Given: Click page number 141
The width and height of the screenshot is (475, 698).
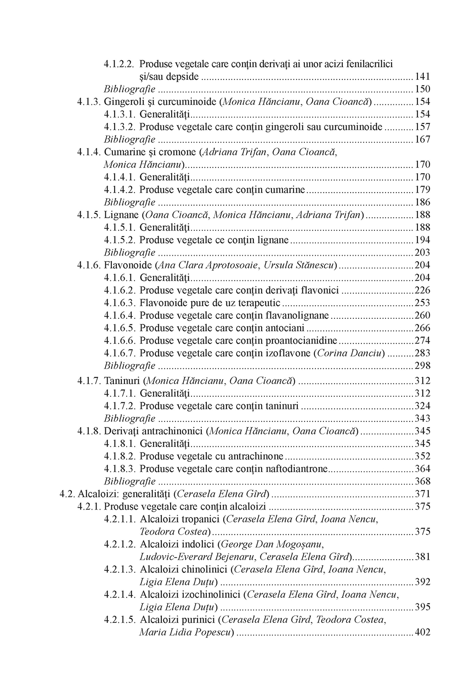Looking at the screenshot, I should pyautogui.click(x=422, y=77).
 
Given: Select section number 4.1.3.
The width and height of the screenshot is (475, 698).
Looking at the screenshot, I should pyautogui.click(x=89, y=102).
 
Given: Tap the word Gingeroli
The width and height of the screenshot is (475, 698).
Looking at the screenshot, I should pyautogui.click(x=122, y=102).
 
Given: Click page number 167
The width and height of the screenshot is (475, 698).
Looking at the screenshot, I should pyautogui.click(x=422, y=139).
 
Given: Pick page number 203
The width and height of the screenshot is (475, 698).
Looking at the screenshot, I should pyautogui.click(x=422, y=252).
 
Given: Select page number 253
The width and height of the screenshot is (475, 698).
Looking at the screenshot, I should pyautogui.click(x=422, y=303).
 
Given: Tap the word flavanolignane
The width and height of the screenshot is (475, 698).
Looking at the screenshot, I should pyautogui.click(x=300, y=316).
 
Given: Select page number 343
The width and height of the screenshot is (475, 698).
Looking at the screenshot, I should pyautogui.click(x=422, y=419).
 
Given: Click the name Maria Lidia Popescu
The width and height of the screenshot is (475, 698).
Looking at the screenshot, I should pyautogui.click(x=185, y=632).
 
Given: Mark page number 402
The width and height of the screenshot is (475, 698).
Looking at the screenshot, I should pyautogui.click(x=422, y=632).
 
